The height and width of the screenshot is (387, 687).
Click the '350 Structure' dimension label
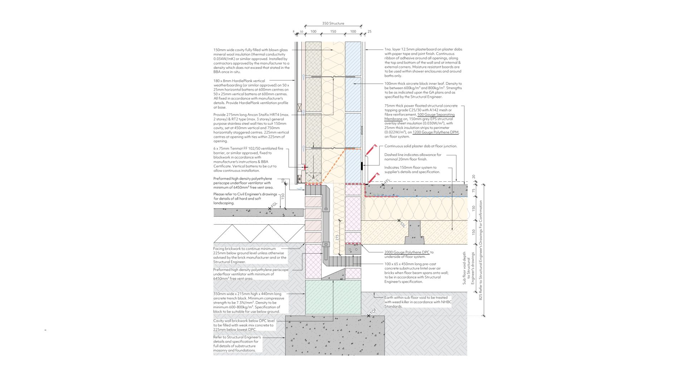tap(333, 24)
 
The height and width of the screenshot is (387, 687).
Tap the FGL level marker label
tap(274, 206)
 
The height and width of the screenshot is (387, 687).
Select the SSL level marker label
tap(403, 224)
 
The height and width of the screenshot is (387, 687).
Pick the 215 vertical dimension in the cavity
tap(337, 238)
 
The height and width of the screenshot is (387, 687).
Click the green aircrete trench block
tap(333, 297)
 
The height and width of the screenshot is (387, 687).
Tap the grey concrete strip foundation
tap(335, 335)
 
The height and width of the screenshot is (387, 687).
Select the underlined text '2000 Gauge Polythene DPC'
tap(407, 252)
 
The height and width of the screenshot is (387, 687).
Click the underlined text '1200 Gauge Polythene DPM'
tap(435, 132)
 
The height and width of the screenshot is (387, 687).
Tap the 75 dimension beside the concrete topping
tap(474, 191)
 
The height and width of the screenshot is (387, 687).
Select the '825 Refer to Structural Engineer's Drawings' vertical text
tap(481, 250)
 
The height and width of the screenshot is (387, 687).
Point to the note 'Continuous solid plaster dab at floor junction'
tap(421, 146)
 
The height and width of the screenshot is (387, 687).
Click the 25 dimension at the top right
tap(370, 32)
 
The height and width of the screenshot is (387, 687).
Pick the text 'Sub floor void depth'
tap(464, 268)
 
